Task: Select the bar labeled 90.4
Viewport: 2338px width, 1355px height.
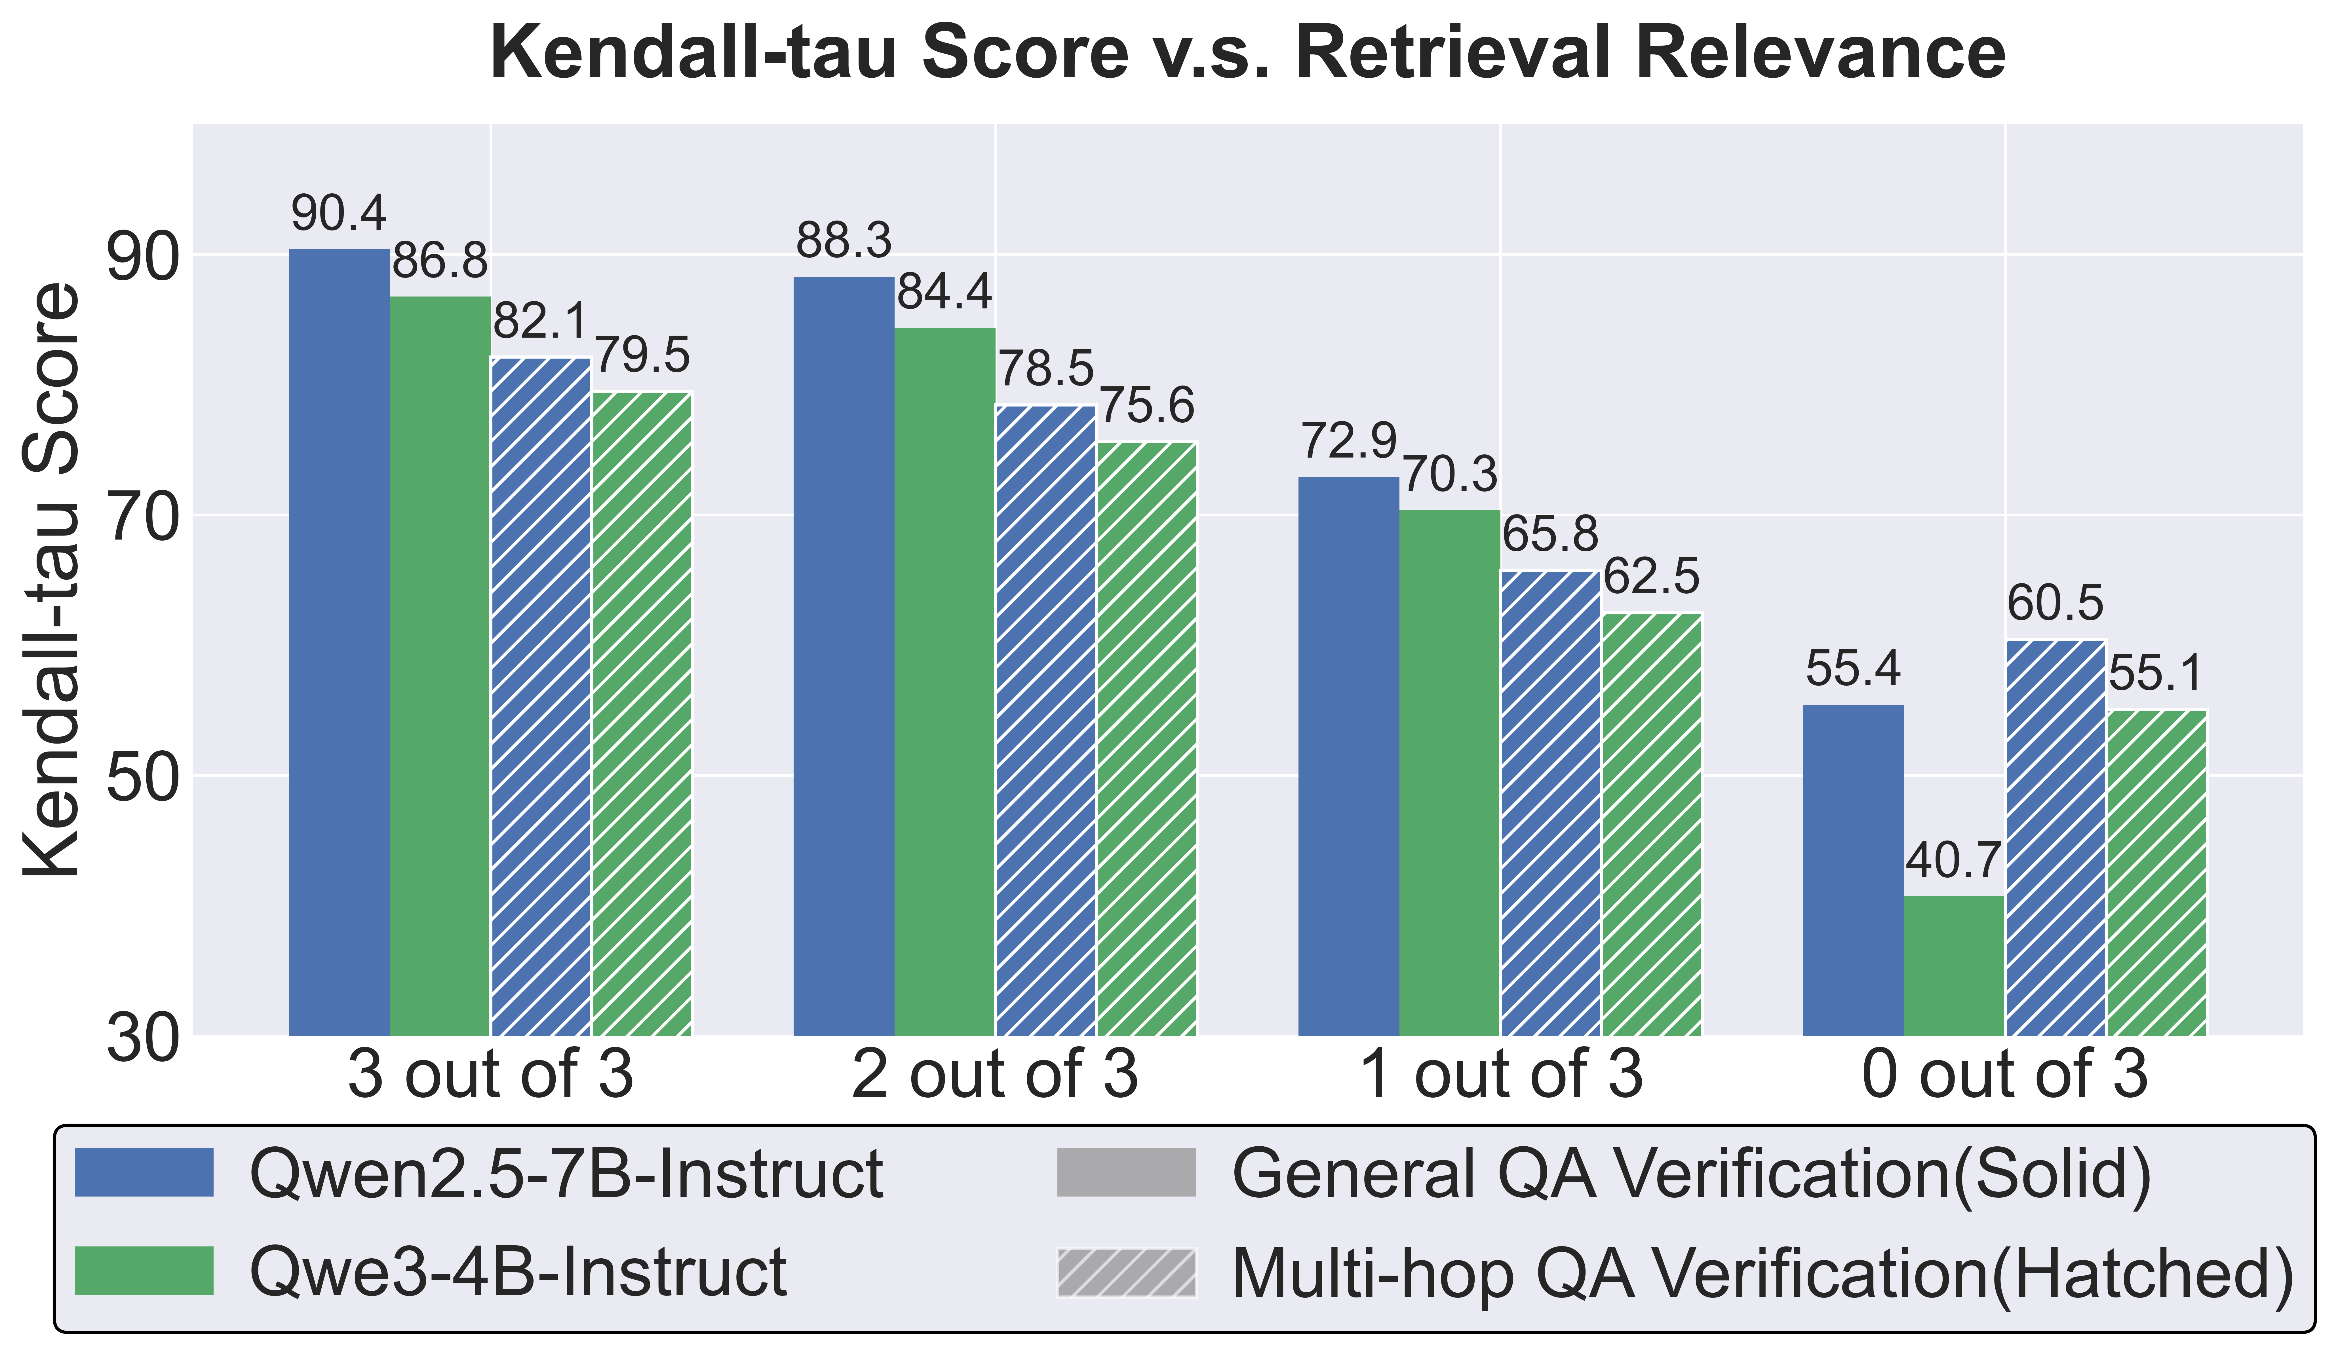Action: click(340, 640)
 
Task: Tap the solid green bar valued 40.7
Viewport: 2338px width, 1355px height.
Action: click(1954, 965)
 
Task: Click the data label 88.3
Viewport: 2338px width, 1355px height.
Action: click(843, 241)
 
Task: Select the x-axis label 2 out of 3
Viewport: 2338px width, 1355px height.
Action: click(995, 1074)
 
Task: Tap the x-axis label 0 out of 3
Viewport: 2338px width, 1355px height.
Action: click(2004, 1074)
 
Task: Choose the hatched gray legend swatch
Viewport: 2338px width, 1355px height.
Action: click(1126, 1273)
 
